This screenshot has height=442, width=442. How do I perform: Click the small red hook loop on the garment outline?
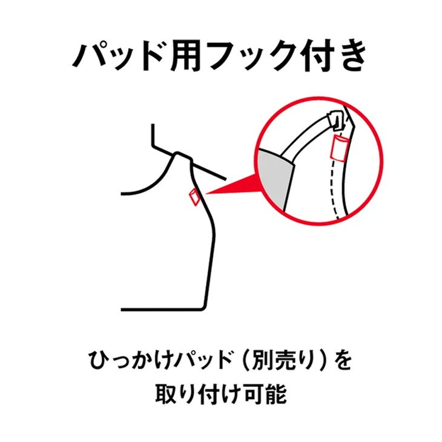tap(194, 198)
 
